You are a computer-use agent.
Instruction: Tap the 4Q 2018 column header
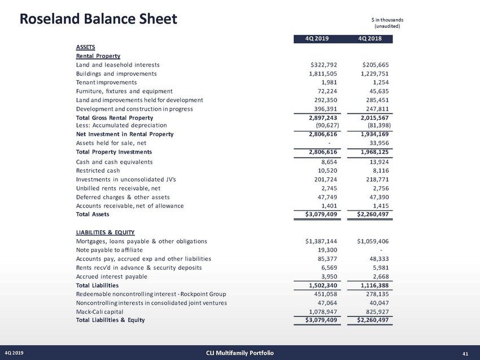370,38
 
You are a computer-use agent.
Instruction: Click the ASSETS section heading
85,48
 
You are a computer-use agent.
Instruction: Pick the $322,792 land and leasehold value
321,65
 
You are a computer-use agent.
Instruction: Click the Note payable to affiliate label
109,250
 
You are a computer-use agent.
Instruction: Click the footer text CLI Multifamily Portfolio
240,353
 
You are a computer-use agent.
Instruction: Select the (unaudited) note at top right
389,27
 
